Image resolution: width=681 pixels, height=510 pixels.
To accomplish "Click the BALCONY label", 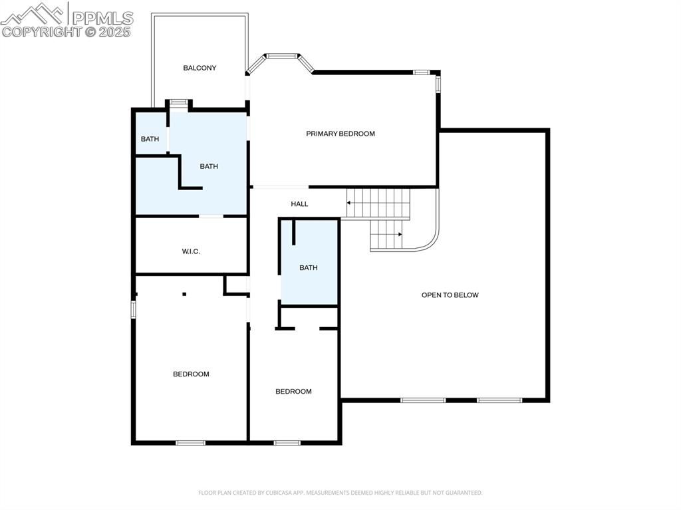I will click(x=200, y=68).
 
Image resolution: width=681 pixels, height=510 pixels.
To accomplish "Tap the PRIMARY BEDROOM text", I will click(x=340, y=134).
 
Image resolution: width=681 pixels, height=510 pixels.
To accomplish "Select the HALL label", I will click(x=299, y=204).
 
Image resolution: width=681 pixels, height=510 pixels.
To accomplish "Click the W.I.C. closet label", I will click(x=191, y=251).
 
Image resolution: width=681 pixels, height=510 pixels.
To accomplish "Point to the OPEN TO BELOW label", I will click(x=450, y=295).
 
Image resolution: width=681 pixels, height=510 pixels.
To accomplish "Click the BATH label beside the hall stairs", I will click(x=308, y=268).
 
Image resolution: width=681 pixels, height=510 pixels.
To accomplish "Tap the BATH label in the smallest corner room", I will click(x=150, y=139).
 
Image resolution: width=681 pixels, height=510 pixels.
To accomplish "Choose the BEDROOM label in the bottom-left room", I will click(x=191, y=374).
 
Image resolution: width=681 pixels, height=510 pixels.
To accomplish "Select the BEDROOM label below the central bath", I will click(x=293, y=392).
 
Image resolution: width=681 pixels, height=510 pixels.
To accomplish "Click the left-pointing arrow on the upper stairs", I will click(x=350, y=203).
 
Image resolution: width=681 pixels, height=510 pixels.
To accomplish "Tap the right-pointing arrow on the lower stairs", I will click(x=400, y=234).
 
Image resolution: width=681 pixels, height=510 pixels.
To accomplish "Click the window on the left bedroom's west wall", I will click(x=133, y=309).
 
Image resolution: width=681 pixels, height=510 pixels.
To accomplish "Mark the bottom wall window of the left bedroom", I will click(x=190, y=442).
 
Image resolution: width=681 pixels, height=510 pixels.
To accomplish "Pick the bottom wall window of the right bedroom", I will click(x=287, y=442).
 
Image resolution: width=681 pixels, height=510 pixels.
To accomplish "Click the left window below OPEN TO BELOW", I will click(x=423, y=400).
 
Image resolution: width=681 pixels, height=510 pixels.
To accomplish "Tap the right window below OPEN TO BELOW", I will click(x=499, y=400).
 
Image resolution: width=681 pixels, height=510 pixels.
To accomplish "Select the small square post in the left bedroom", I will click(x=184, y=294).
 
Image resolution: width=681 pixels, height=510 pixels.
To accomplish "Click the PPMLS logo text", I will click(x=102, y=18).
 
